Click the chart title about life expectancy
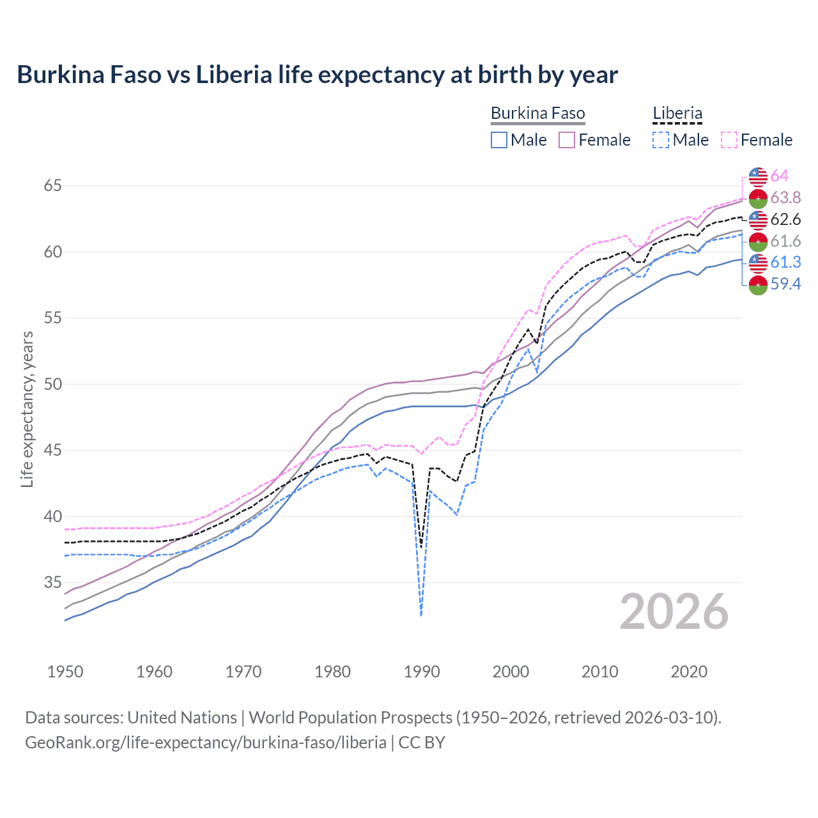(x=317, y=75)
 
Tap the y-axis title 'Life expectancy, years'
(x=27, y=409)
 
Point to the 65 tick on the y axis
(x=52, y=186)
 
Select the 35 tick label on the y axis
(x=52, y=582)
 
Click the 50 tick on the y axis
(x=52, y=384)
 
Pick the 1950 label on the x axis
(x=65, y=672)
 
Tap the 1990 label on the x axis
(x=422, y=672)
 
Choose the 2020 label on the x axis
(x=689, y=672)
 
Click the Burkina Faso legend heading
(x=537, y=114)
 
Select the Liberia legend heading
(x=677, y=114)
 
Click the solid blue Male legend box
(x=499, y=140)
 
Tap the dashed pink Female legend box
(x=729, y=140)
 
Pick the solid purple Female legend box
(x=567, y=140)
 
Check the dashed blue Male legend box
(x=661, y=140)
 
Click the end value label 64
(x=779, y=176)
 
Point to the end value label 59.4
(x=785, y=284)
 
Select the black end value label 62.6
(x=785, y=219)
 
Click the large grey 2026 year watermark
(x=674, y=612)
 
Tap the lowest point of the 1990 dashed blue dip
(x=421, y=615)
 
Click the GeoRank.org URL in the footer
(x=205, y=743)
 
